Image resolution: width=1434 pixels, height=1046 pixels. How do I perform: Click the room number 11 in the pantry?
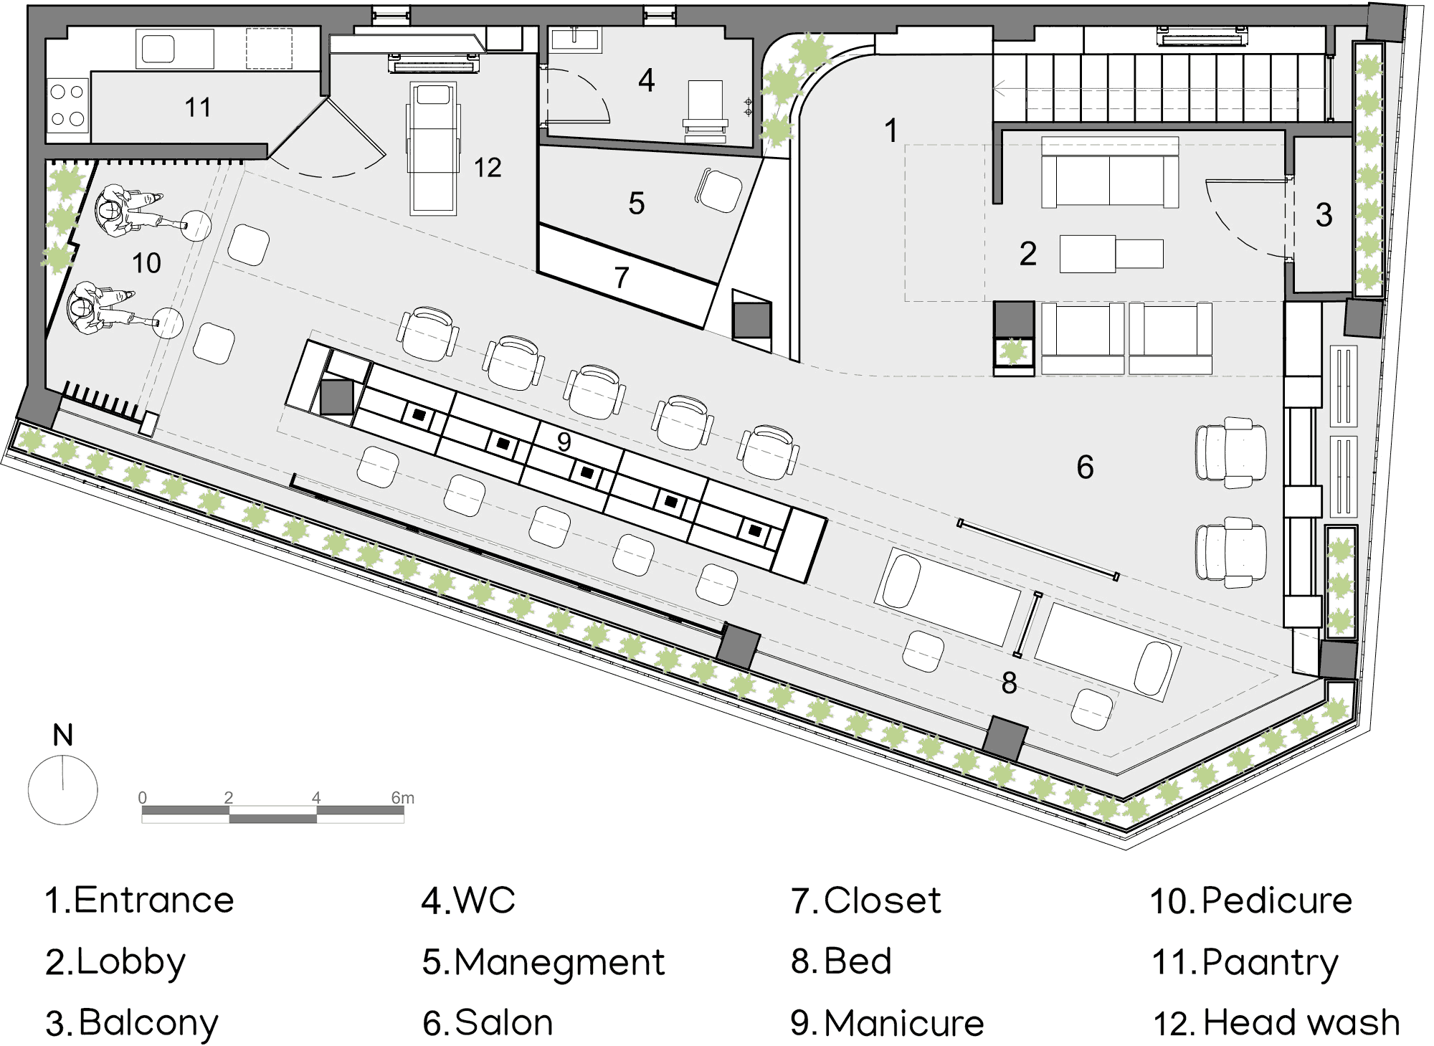pos(198,108)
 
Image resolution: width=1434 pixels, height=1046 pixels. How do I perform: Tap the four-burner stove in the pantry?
pos(67,105)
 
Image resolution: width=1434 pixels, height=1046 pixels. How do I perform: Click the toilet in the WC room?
pos(705,108)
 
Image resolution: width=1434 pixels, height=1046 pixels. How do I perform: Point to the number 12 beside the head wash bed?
pos(488,168)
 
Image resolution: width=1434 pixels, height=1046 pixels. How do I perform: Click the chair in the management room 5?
pos(718,191)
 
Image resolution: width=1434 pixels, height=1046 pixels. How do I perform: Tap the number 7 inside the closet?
pos(622,277)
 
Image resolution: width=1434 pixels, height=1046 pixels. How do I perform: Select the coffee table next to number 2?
pos(1111,254)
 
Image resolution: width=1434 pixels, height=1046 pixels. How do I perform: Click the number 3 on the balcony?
pos(1324,215)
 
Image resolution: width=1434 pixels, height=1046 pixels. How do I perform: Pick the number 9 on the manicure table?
pos(564,442)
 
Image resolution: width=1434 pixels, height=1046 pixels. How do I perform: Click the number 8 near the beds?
pos(1009,683)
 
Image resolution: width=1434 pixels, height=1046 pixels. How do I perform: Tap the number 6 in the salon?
pos(1085,467)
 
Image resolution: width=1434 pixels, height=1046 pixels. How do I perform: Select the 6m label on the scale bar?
pos(402,798)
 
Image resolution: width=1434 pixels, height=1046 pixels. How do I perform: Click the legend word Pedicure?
pos(1276,900)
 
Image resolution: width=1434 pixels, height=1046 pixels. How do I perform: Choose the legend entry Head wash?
pos(1301,1022)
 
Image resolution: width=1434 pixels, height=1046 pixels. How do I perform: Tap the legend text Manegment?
pos(559,962)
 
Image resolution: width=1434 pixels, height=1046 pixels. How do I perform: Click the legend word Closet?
pos(882,900)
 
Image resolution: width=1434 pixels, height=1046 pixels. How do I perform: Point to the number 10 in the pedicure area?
pos(146,263)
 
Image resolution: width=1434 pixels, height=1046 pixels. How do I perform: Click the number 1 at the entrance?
pos(891,130)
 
